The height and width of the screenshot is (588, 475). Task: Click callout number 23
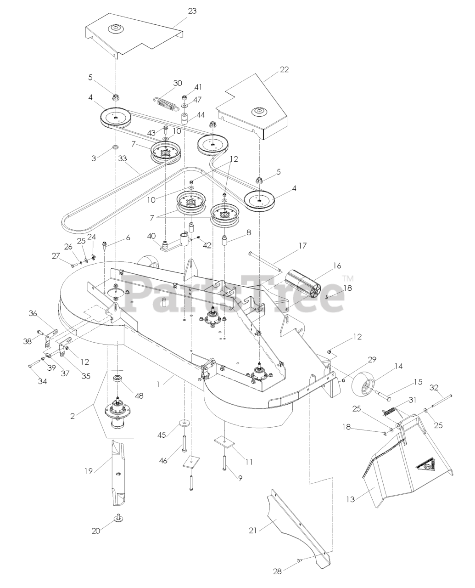192,11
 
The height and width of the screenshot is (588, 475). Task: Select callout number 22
285,69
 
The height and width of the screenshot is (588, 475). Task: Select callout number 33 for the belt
123,158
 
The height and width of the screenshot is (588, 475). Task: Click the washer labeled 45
184,422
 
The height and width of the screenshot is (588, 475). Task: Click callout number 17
302,245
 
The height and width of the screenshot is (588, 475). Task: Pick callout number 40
151,236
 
